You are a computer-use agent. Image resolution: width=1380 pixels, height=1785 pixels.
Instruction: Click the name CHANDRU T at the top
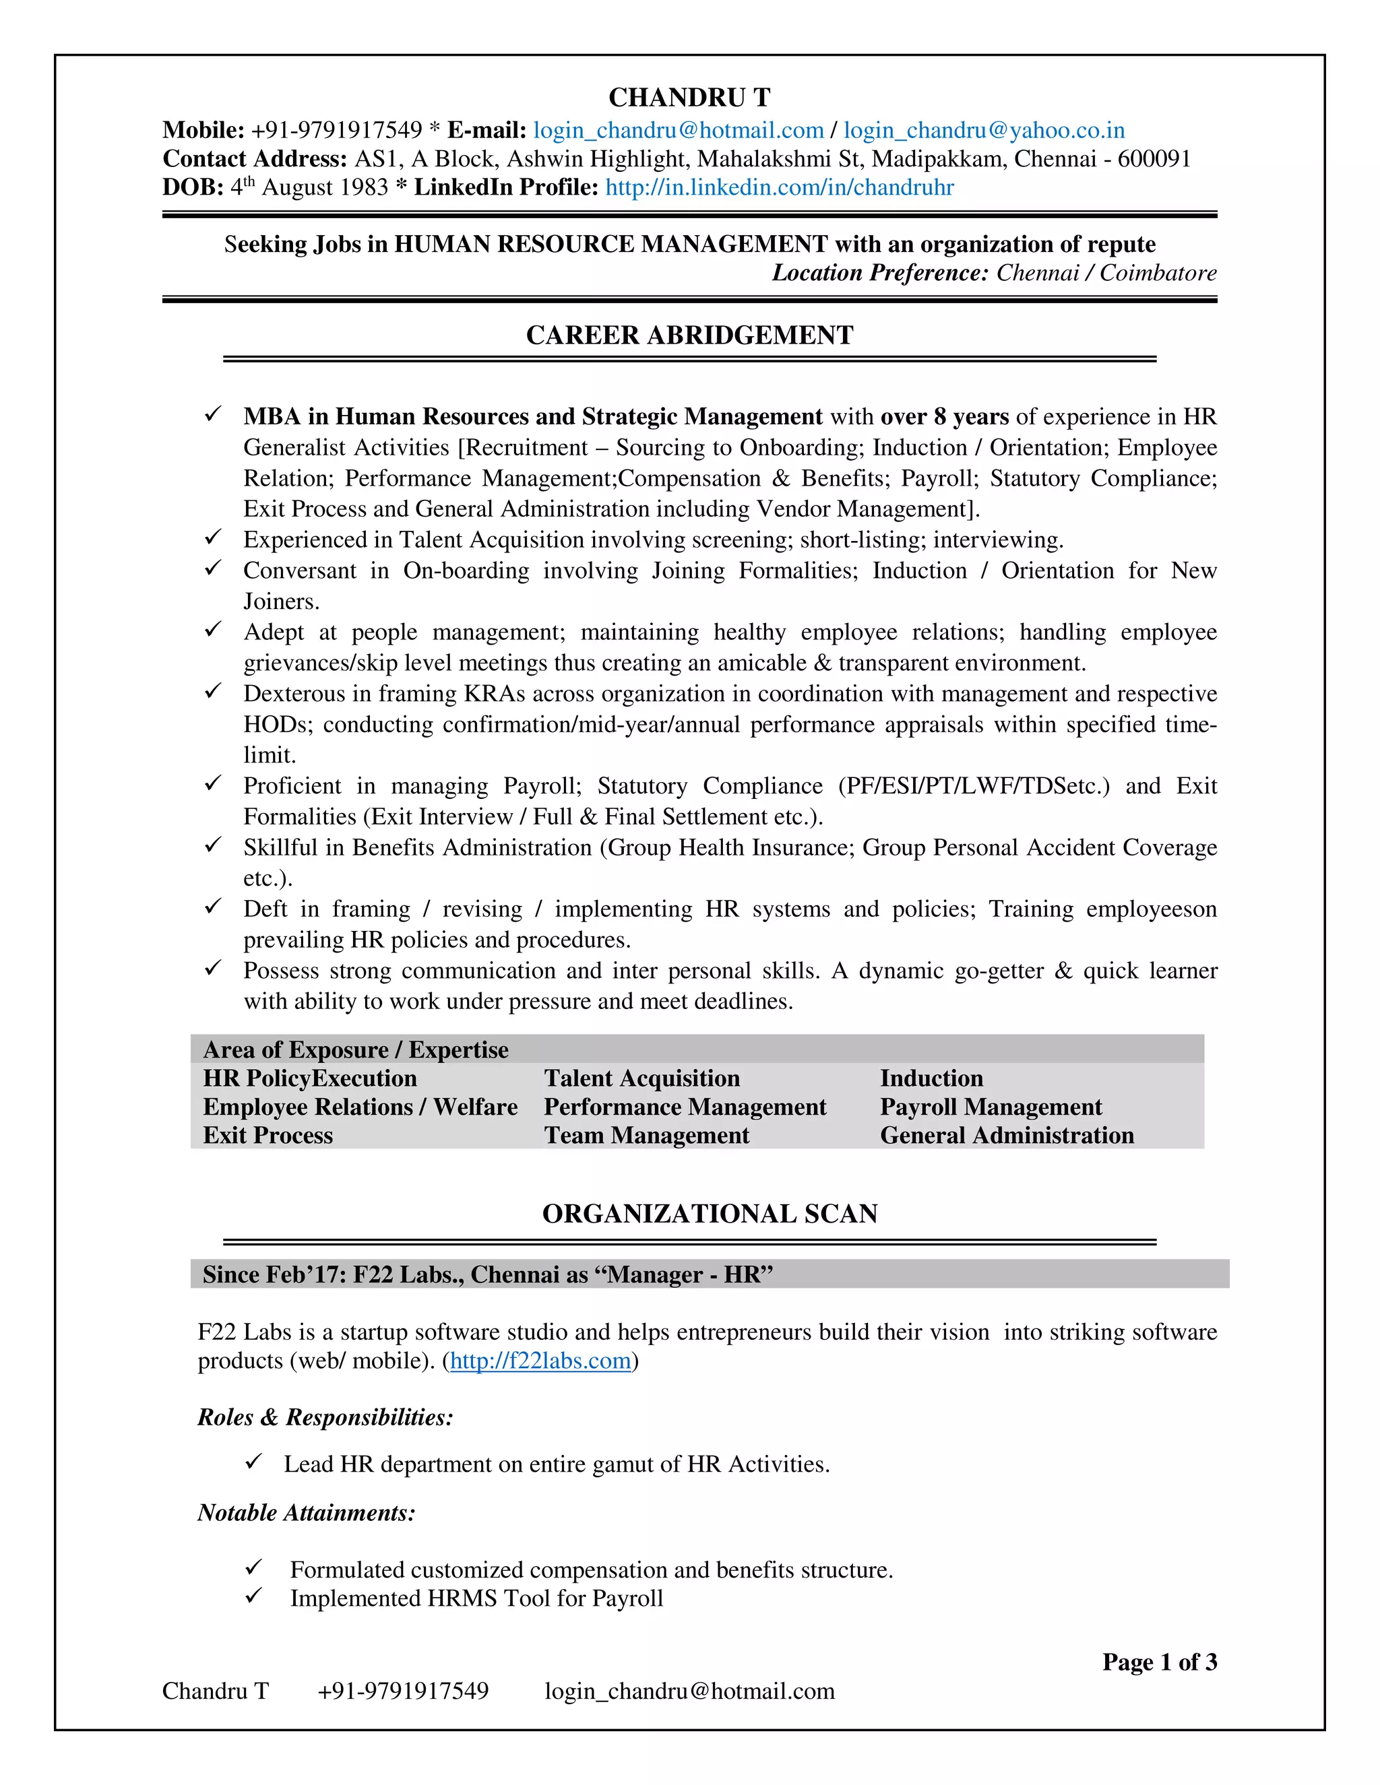coord(689,97)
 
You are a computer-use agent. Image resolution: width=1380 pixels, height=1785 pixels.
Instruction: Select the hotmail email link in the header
coord(678,130)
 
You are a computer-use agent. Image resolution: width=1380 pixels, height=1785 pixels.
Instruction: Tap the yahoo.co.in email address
coord(984,130)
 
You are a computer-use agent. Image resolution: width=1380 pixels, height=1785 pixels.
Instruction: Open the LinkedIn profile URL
coord(779,187)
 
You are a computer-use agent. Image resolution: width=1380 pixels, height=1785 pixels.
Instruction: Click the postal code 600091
coord(1154,158)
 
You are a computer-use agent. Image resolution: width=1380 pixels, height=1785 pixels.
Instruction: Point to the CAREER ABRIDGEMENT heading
coord(689,335)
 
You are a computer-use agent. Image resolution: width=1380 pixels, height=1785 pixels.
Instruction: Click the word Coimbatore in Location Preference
coord(1158,272)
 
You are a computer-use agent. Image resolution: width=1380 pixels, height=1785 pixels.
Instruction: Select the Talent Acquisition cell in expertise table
coord(641,1078)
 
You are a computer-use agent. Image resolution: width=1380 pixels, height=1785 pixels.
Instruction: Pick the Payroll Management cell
coord(990,1107)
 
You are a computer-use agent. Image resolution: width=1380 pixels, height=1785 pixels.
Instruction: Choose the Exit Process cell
coord(268,1135)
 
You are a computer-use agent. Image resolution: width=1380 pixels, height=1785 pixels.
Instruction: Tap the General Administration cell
coord(1007,1135)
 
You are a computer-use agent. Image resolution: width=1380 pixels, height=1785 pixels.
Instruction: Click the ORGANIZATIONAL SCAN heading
coord(710,1214)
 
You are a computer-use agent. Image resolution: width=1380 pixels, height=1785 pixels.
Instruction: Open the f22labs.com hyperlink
coord(540,1360)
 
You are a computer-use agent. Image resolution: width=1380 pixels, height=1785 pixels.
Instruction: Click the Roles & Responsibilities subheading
coord(325,1417)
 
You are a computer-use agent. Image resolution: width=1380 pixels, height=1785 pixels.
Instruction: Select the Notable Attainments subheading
coord(307,1513)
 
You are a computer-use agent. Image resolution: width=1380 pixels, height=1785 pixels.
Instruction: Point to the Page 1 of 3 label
coord(1158,1662)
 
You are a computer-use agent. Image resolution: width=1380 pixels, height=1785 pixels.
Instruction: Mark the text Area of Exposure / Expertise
coord(356,1049)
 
